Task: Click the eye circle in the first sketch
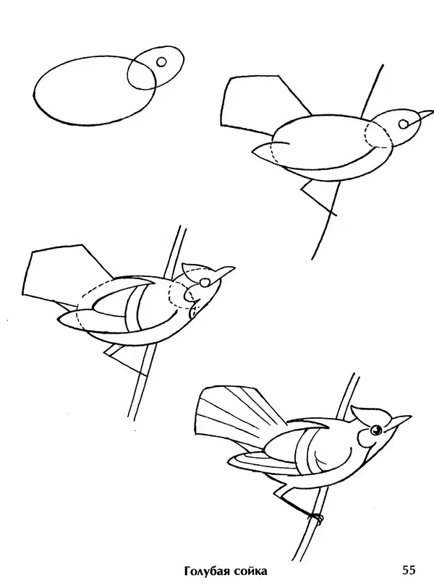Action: [161, 62]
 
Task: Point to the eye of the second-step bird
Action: [403, 124]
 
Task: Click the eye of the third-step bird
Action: [205, 282]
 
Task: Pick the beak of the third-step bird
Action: [226, 272]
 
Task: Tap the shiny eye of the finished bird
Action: [375, 430]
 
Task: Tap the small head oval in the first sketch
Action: [156, 67]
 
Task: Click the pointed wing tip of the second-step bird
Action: [263, 151]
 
